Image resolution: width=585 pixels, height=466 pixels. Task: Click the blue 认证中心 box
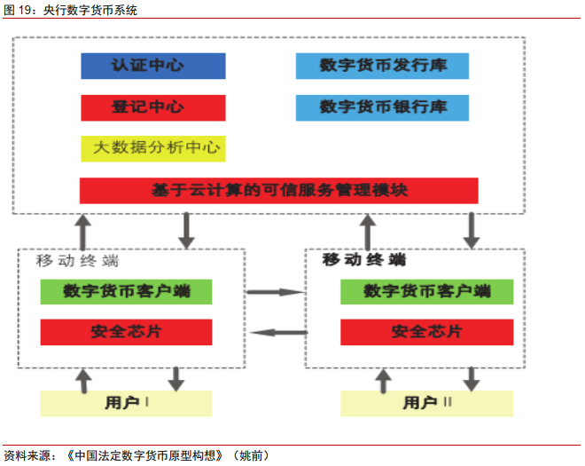(152, 67)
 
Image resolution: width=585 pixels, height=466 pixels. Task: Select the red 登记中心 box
(152, 107)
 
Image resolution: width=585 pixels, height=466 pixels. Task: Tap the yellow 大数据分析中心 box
(152, 148)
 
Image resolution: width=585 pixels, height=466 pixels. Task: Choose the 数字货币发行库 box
(382, 67)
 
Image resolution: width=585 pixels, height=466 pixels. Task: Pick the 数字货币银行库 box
(382, 107)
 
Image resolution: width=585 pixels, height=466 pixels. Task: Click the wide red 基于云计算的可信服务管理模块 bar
(278, 191)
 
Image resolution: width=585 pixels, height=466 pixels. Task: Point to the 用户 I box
(126, 403)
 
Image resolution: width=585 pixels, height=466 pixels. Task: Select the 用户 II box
(426, 403)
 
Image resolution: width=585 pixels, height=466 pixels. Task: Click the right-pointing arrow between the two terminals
(275, 291)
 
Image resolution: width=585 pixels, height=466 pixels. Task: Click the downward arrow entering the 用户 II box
(471, 379)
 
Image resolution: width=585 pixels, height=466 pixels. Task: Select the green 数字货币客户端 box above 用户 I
(126, 291)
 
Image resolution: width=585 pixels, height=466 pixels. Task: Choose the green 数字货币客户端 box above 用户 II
(426, 291)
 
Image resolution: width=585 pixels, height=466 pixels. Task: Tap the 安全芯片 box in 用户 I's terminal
(126, 332)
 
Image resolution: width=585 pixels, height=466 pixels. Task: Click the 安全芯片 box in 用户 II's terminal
(426, 332)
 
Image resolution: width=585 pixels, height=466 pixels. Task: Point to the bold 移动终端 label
(363, 260)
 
